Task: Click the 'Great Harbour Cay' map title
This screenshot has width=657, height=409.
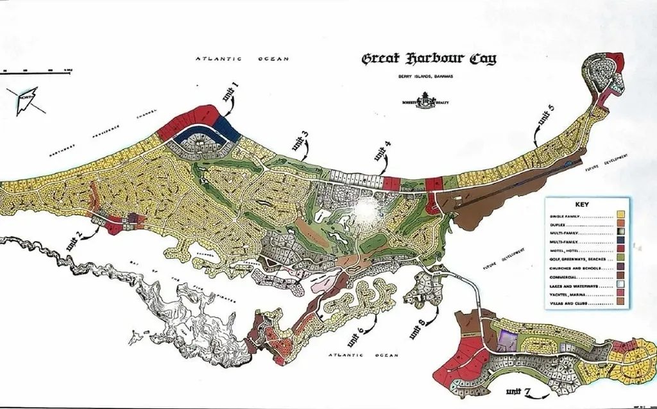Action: [429, 59]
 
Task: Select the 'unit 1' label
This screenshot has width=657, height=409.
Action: [230, 92]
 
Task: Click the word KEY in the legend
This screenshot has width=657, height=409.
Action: [582, 204]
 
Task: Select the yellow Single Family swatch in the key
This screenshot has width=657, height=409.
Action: [620, 214]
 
